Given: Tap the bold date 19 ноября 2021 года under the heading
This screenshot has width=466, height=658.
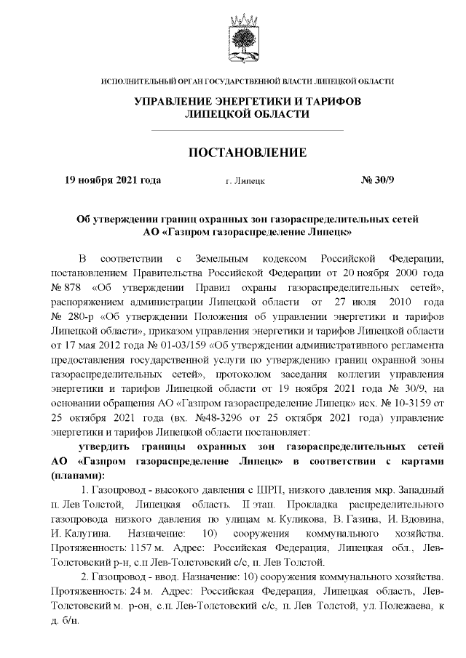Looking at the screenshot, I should [x=113, y=179].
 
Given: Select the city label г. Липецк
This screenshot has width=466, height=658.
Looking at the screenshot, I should [x=245, y=180].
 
